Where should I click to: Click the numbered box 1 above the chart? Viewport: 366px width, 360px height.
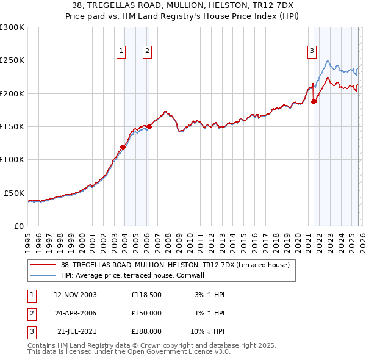point(122,52)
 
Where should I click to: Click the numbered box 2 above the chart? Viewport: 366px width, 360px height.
point(148,52)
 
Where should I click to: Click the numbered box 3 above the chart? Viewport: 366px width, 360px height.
point(312,52)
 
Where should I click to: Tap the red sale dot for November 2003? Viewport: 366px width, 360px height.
point(123,147)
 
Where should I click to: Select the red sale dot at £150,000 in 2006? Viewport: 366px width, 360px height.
point(149,126)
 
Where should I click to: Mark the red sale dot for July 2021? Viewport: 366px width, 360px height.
point(314,101)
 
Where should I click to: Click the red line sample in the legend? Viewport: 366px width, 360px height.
point(43,265)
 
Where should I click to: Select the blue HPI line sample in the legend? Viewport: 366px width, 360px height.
point(43,275)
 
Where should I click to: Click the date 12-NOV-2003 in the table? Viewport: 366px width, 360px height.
point(76,295)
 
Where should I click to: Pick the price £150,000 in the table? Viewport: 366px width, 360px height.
point(146,313)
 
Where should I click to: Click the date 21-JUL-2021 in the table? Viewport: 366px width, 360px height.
point(76,331)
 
